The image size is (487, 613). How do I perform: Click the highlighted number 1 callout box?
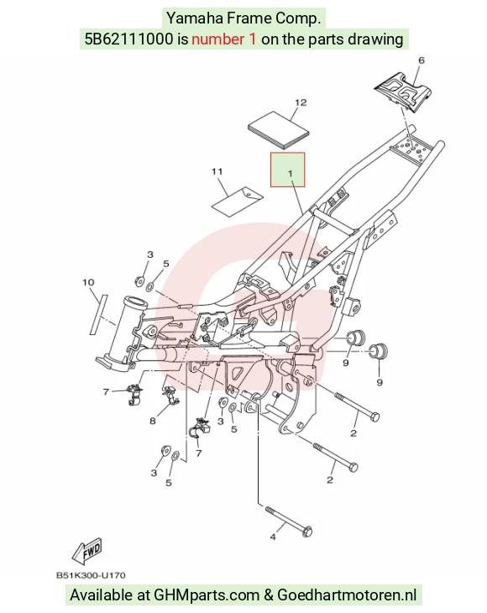(288, 170)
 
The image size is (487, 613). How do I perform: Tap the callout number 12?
(301, 102)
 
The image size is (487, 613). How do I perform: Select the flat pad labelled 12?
(279, 130)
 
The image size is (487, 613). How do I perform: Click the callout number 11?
(217, 171)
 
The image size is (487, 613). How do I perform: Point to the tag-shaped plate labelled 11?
(237, 201)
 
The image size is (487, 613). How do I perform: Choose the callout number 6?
(422, 60)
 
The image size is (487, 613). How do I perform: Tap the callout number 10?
(88, 282)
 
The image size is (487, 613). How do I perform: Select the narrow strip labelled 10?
(98, 315)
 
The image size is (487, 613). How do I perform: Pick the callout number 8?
(153, 421)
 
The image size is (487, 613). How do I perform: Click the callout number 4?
(273, 537)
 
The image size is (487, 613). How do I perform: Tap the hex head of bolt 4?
(306, 532)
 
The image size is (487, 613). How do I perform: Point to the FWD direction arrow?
(87, 552)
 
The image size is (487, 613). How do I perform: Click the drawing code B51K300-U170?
(91, 575)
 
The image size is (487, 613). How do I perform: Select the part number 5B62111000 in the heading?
(128, 39)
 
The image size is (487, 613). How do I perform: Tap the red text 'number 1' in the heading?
(224, 39)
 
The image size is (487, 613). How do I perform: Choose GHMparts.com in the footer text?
(207, 595)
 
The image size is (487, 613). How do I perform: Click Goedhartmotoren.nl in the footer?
(347, 595)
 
